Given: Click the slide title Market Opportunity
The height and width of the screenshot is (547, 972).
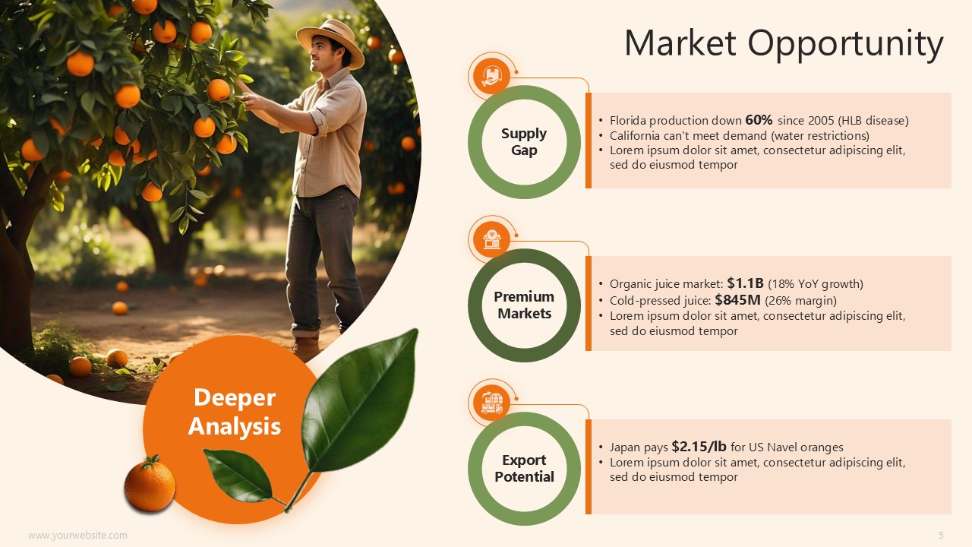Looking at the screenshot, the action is pos(784,44).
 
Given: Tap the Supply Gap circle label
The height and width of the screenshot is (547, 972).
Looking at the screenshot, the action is pos(524,141).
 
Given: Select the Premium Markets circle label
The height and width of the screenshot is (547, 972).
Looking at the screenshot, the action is pos(524,305).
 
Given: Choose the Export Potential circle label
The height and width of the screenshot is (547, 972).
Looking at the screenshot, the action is pos(524,468).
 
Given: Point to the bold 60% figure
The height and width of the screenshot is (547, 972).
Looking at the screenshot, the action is pos(759,119).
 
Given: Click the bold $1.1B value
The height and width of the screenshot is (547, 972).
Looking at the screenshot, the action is pos(745,283).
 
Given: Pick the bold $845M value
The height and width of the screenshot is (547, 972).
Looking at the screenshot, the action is pos(737,299).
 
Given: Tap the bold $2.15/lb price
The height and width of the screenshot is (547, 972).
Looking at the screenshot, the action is pos(699,446).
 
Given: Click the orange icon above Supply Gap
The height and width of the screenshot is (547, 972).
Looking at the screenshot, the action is pos(491,77).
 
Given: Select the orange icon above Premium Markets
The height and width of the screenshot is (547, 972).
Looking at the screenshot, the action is pos(491,239).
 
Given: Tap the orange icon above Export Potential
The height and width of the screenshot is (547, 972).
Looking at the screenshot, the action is pos(491,403).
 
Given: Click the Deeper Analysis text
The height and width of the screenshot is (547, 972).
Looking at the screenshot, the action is pos(235,412).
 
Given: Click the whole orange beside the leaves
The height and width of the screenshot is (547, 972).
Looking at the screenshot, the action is pos(150,483).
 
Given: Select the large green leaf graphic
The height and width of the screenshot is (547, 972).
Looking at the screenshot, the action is pos(359,402).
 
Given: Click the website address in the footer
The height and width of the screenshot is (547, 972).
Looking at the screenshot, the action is pos(77,536).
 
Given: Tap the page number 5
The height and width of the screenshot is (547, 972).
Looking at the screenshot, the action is pos(941,536).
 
